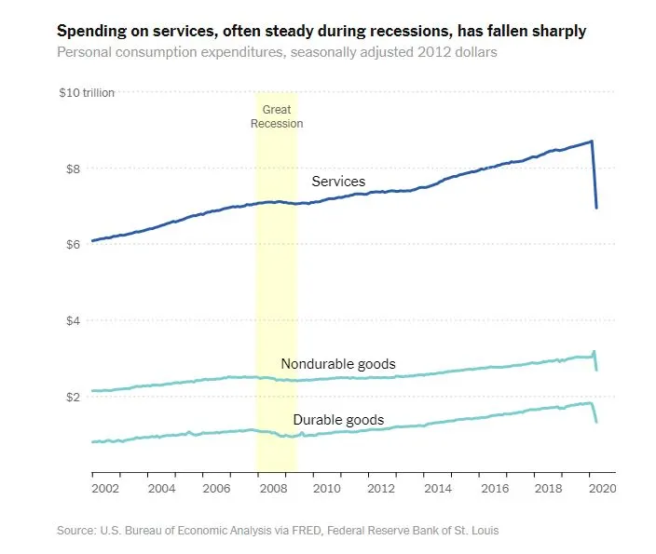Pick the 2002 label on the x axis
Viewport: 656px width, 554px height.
click(x=105, y=488)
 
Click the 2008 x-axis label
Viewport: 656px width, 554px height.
click(x=273, y=488)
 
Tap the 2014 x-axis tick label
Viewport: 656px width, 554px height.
click(x=437, y=488)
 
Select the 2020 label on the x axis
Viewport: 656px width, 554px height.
click(x=601, y=488)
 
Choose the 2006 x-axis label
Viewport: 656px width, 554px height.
click(x=216, y=488)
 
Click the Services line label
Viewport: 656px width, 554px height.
click(x=338, y=182)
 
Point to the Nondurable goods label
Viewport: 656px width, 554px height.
click(x=338, y=364)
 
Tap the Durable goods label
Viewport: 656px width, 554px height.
click(x=338, y=420)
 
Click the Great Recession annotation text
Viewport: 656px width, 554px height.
click(x=277, y=116)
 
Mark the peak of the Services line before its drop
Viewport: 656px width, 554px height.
click(x=592, y=142)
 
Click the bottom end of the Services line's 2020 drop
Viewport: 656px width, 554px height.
click(x=596, y=208)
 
